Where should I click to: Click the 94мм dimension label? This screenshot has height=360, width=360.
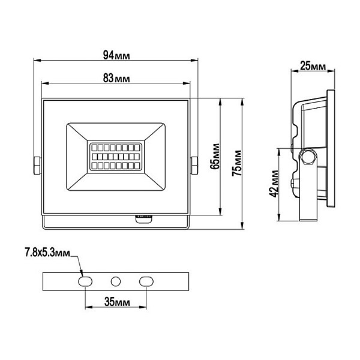[x=116, y=55]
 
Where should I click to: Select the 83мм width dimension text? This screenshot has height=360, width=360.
[x=116, y=78]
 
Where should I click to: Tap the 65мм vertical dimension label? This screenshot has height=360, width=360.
[x=215, y=157]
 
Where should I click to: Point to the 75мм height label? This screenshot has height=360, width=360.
[x=237, y=163]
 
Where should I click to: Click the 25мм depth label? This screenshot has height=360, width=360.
[x=313, y=66]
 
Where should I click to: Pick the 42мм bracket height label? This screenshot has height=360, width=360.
[x=274, y=184]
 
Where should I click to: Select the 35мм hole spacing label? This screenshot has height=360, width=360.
[x=117, y=302]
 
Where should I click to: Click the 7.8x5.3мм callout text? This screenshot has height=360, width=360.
[x=47, y=253]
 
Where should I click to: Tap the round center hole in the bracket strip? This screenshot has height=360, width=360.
[x=116, y=281]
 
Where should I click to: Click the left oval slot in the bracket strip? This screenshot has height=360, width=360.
[x=85, y=281]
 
